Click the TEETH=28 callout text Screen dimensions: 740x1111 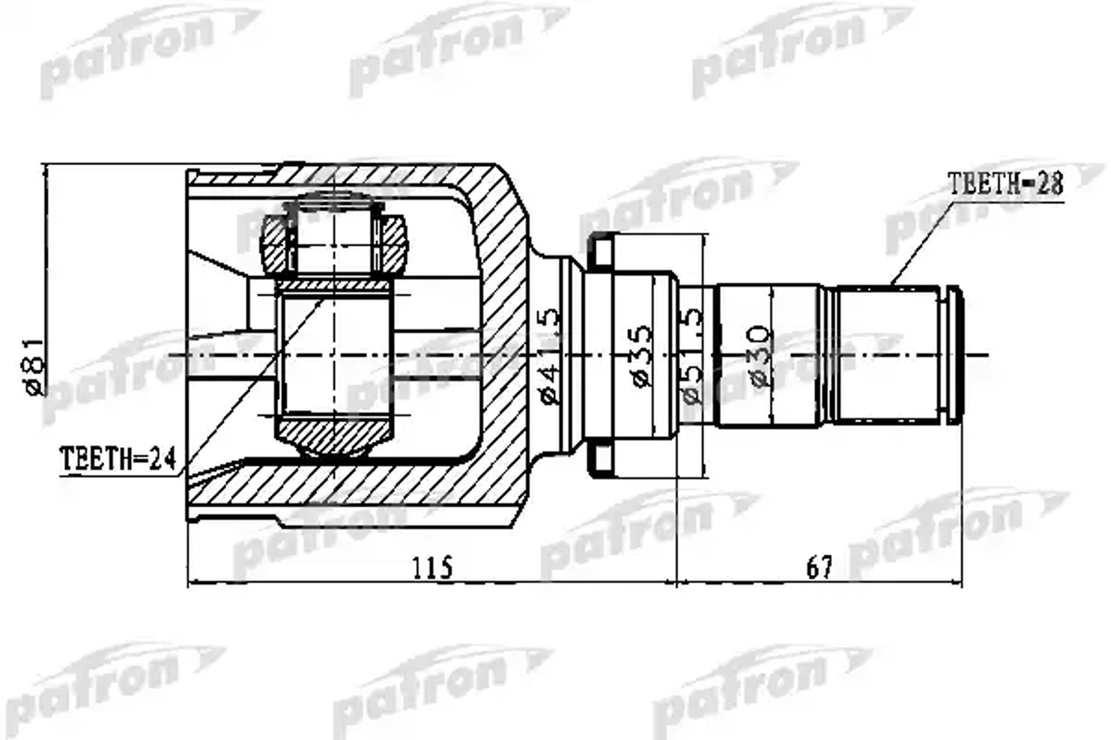pyautogui.click(x=1005, y=184)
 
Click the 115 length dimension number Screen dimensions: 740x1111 pyautogui.click(x=432, y=568)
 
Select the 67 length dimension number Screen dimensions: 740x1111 pyautogui.click(x=819, y=568)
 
